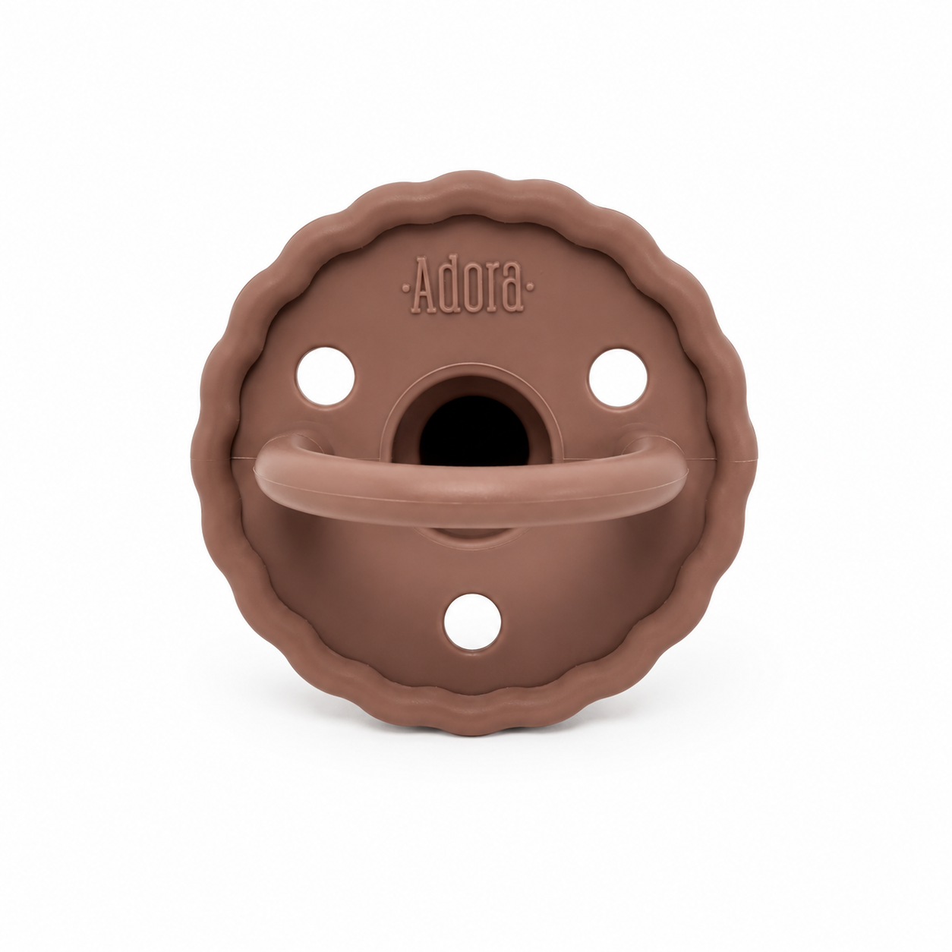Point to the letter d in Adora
point(449,285)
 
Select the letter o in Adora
point(471,292)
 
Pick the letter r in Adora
point(491,292)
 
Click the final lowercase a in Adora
point(512,292)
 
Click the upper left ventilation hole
point(325,376)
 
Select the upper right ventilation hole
point(617,377)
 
